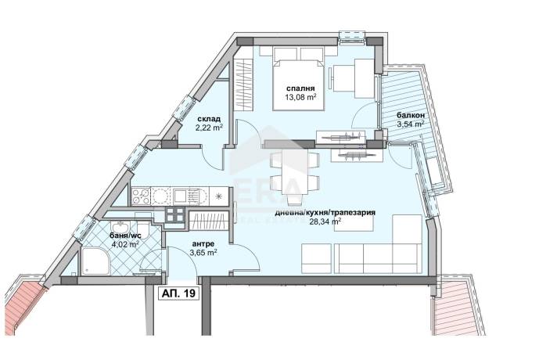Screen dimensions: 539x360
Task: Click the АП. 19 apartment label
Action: click(x=178, y=293)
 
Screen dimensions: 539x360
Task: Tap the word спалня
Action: click(x=300, y=88)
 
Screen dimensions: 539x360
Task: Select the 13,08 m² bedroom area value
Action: click(x=300, y=97)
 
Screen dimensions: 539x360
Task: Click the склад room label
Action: click(x=209, y=119)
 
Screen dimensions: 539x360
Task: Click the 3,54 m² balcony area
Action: click(x=411, y=124)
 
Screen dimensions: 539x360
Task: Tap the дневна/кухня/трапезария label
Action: click(x=325, y=213)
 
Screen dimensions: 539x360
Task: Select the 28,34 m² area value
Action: click(x=325, y=221)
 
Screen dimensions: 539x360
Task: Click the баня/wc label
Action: click(x=124, y=236)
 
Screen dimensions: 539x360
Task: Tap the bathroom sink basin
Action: click(x=120, y=227)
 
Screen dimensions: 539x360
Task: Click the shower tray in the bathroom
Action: click(x=96, y=261)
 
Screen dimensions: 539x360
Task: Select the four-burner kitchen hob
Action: click(x=141, y=196)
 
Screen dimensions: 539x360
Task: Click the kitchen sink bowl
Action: click(x=180, y=196)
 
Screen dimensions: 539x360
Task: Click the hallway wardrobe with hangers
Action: click(x=209, y=221)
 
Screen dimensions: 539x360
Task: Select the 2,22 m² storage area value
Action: click(x=209, y=128)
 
